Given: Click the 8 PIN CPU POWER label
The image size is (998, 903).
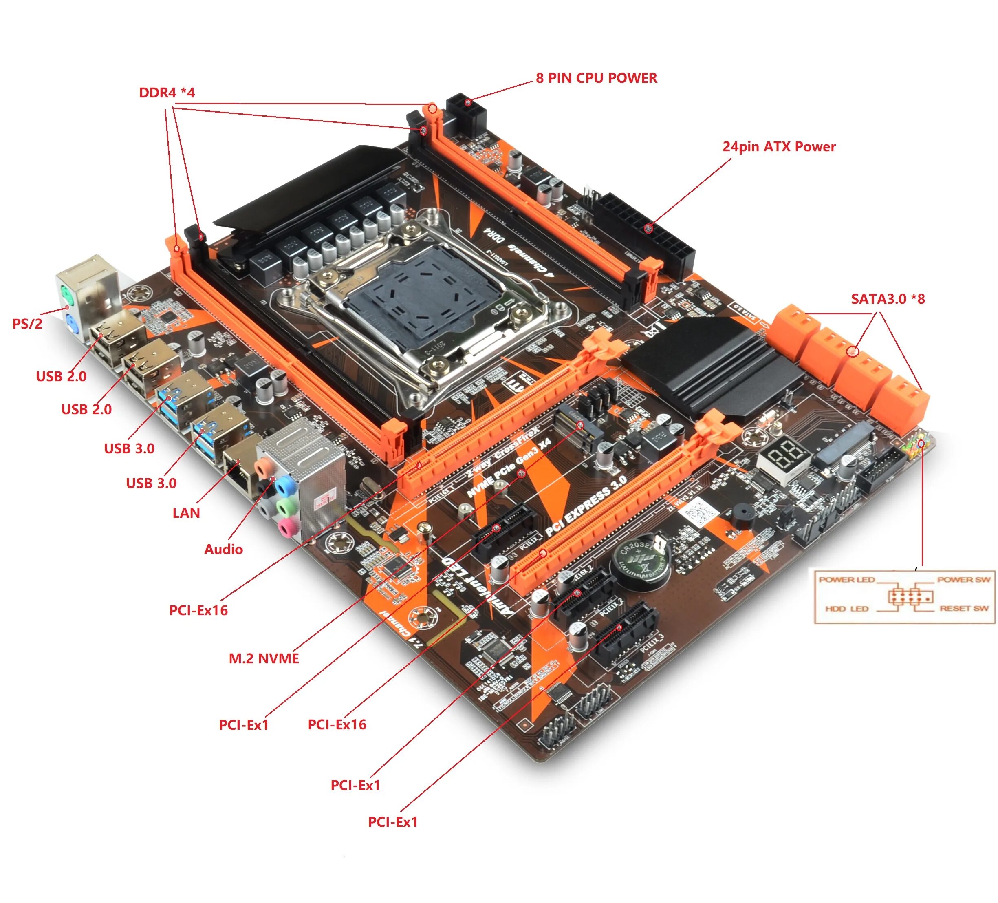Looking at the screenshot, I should coord(596,78).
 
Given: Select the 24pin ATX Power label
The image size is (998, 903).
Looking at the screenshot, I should coord(779,147).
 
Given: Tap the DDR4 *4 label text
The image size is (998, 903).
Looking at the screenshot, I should coord(167,93).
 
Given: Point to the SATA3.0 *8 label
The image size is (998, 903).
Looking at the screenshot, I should coord(888,299).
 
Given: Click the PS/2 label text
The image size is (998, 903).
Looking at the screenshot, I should coord(27,324).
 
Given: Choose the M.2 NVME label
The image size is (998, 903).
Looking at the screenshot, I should coord(264,658).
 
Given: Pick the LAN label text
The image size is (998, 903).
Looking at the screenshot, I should coord(186,513).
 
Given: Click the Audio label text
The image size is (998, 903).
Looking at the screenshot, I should coord(223,549).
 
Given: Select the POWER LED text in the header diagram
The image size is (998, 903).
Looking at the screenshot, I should coord(846,580).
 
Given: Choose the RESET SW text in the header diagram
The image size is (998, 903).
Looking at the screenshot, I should coord(963,608).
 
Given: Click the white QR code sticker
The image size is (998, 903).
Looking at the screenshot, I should coord(699,511).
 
